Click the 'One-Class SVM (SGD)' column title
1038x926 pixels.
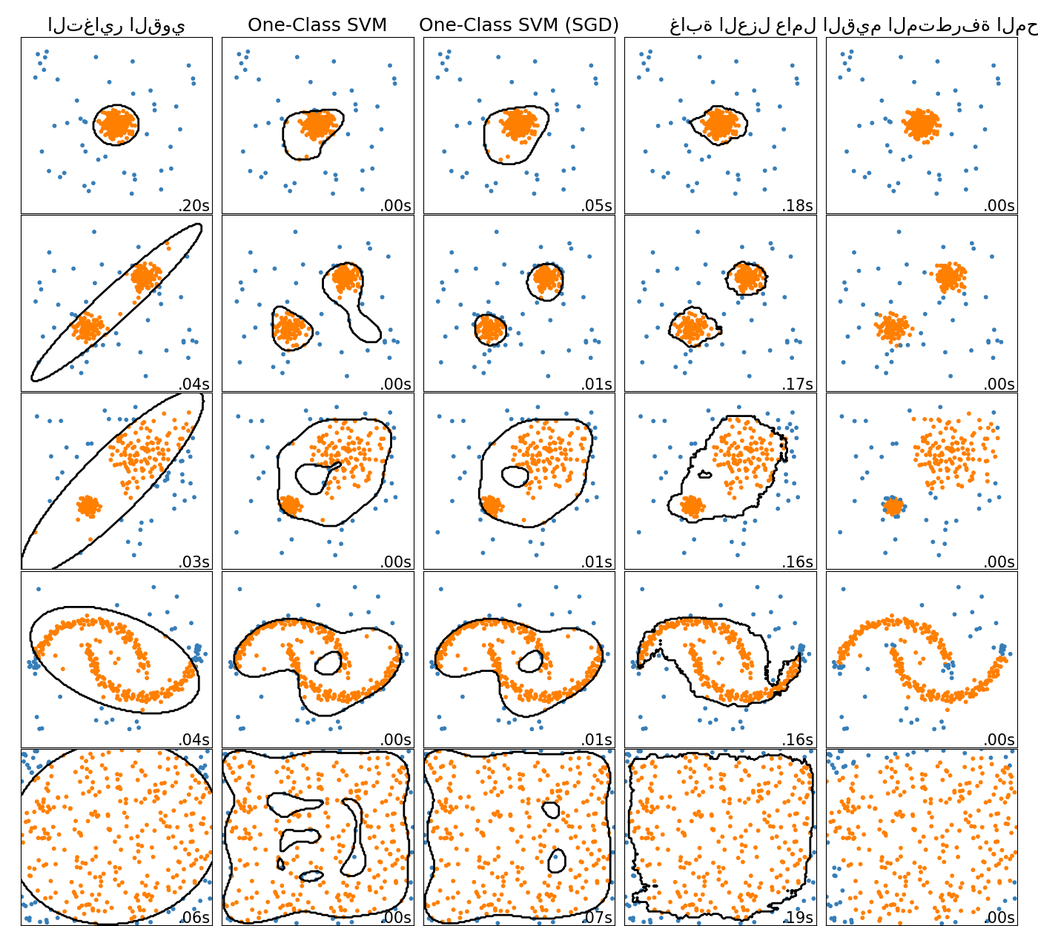(x=518, y=24)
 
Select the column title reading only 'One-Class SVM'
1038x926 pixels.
(x=317, y=24)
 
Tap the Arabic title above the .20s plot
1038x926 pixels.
(x=116, y=25)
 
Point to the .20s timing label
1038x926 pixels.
(x=194, y=205)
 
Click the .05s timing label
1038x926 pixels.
(x=597, y=205)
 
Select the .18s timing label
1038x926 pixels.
(x=798, y=205)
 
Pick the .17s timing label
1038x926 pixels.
(x=798, y=384)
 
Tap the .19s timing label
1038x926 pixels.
(x=798, y=917)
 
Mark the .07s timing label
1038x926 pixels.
(x=597, y=917)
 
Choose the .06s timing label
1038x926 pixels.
(x=194, y=917)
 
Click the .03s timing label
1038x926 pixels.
(x=194, y=562)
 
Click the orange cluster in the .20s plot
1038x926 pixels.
(x=116, y=124)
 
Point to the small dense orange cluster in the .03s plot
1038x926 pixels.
(x=89, y=506)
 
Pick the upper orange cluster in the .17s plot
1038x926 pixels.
(x=746, y=278)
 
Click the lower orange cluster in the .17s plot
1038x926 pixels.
(x=692, y=327)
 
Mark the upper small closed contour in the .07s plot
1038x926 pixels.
(x=551, y=809)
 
